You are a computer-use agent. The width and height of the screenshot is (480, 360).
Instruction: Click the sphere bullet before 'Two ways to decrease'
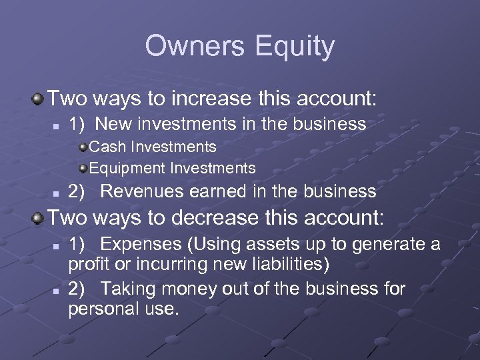pos(39,217)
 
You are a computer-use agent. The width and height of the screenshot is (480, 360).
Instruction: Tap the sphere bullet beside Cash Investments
pos(82,146)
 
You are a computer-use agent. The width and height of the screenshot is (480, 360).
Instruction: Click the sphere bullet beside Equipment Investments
pos(82,167)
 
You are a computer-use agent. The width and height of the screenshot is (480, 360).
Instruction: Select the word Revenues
pos(142,192)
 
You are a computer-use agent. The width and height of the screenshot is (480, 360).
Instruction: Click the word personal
pos(101,309)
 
